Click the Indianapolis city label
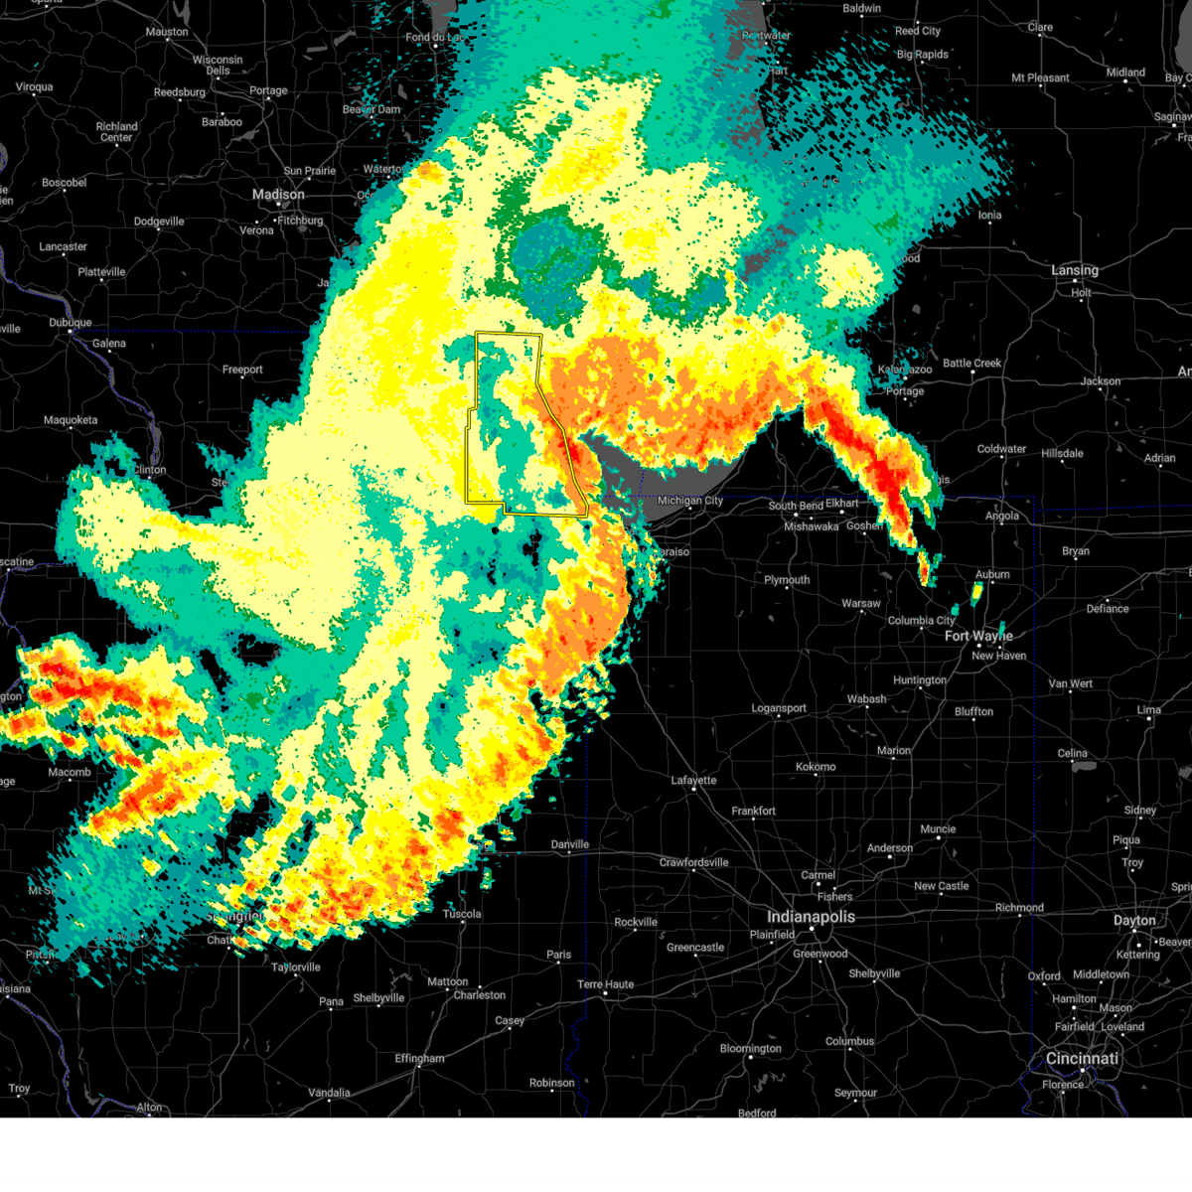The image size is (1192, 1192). [811, 917]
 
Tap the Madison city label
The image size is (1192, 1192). [278, 195]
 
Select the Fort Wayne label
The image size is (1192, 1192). [978, 636]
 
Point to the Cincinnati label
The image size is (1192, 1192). [1082, 1059]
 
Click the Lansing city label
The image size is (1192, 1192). [1075, 270]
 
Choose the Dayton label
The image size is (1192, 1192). [1134, 921]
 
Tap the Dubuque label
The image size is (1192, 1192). [70, 323]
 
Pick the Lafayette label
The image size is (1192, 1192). [693, 780]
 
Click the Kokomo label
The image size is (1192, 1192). [816, 767]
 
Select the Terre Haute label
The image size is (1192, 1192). [605, 984]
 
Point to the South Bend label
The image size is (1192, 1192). [796, 506]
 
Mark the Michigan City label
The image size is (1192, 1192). [690, 501]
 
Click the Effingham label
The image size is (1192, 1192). [419, 1058]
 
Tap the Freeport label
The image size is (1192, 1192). [242, 370]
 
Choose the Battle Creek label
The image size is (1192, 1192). [972, 363]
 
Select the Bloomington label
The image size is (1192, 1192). [751, 1048]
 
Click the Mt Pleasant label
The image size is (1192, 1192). [1040, 77]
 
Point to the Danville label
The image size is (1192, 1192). [570, 844]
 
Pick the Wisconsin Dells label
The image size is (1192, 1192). [218, 65]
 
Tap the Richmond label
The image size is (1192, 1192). [1019, 907]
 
